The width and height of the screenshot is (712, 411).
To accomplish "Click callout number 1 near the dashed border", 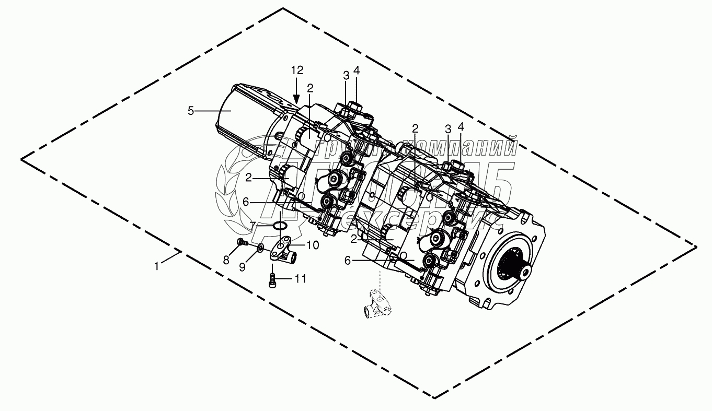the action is [156, 266].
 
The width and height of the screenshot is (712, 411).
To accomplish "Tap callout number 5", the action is [191, 110].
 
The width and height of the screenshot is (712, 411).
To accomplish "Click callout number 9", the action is [242, 266].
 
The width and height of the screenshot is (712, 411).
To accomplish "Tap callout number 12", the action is [297, 70].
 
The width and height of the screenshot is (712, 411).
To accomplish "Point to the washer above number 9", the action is [260, 248].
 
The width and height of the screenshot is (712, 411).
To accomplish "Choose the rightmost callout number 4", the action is [461, 127].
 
